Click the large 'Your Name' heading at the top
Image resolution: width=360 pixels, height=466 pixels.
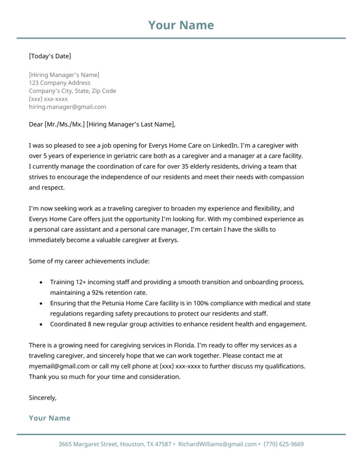coord(181,25)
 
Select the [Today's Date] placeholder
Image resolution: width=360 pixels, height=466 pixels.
coord(50,56)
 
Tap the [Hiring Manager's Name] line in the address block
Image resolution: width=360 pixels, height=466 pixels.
coord(64,75)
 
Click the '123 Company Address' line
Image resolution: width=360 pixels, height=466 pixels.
coord(60,83)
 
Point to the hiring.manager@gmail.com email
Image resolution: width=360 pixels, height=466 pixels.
coord(67,107)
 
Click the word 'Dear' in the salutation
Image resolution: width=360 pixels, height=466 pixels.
coord(36,124)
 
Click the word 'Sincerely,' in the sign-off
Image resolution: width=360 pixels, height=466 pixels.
coord(43,398)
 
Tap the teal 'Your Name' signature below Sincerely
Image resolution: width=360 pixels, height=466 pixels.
coord(50,418)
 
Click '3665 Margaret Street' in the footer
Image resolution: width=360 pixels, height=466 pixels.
coord(89,444)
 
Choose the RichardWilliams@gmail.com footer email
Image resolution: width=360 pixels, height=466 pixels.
coord(217,444)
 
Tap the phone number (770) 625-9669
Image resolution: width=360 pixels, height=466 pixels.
coord(284,444)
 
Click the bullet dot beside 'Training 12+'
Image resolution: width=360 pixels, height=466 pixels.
coord(41,283)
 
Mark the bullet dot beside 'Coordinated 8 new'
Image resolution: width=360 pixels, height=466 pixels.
coord(41,324)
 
